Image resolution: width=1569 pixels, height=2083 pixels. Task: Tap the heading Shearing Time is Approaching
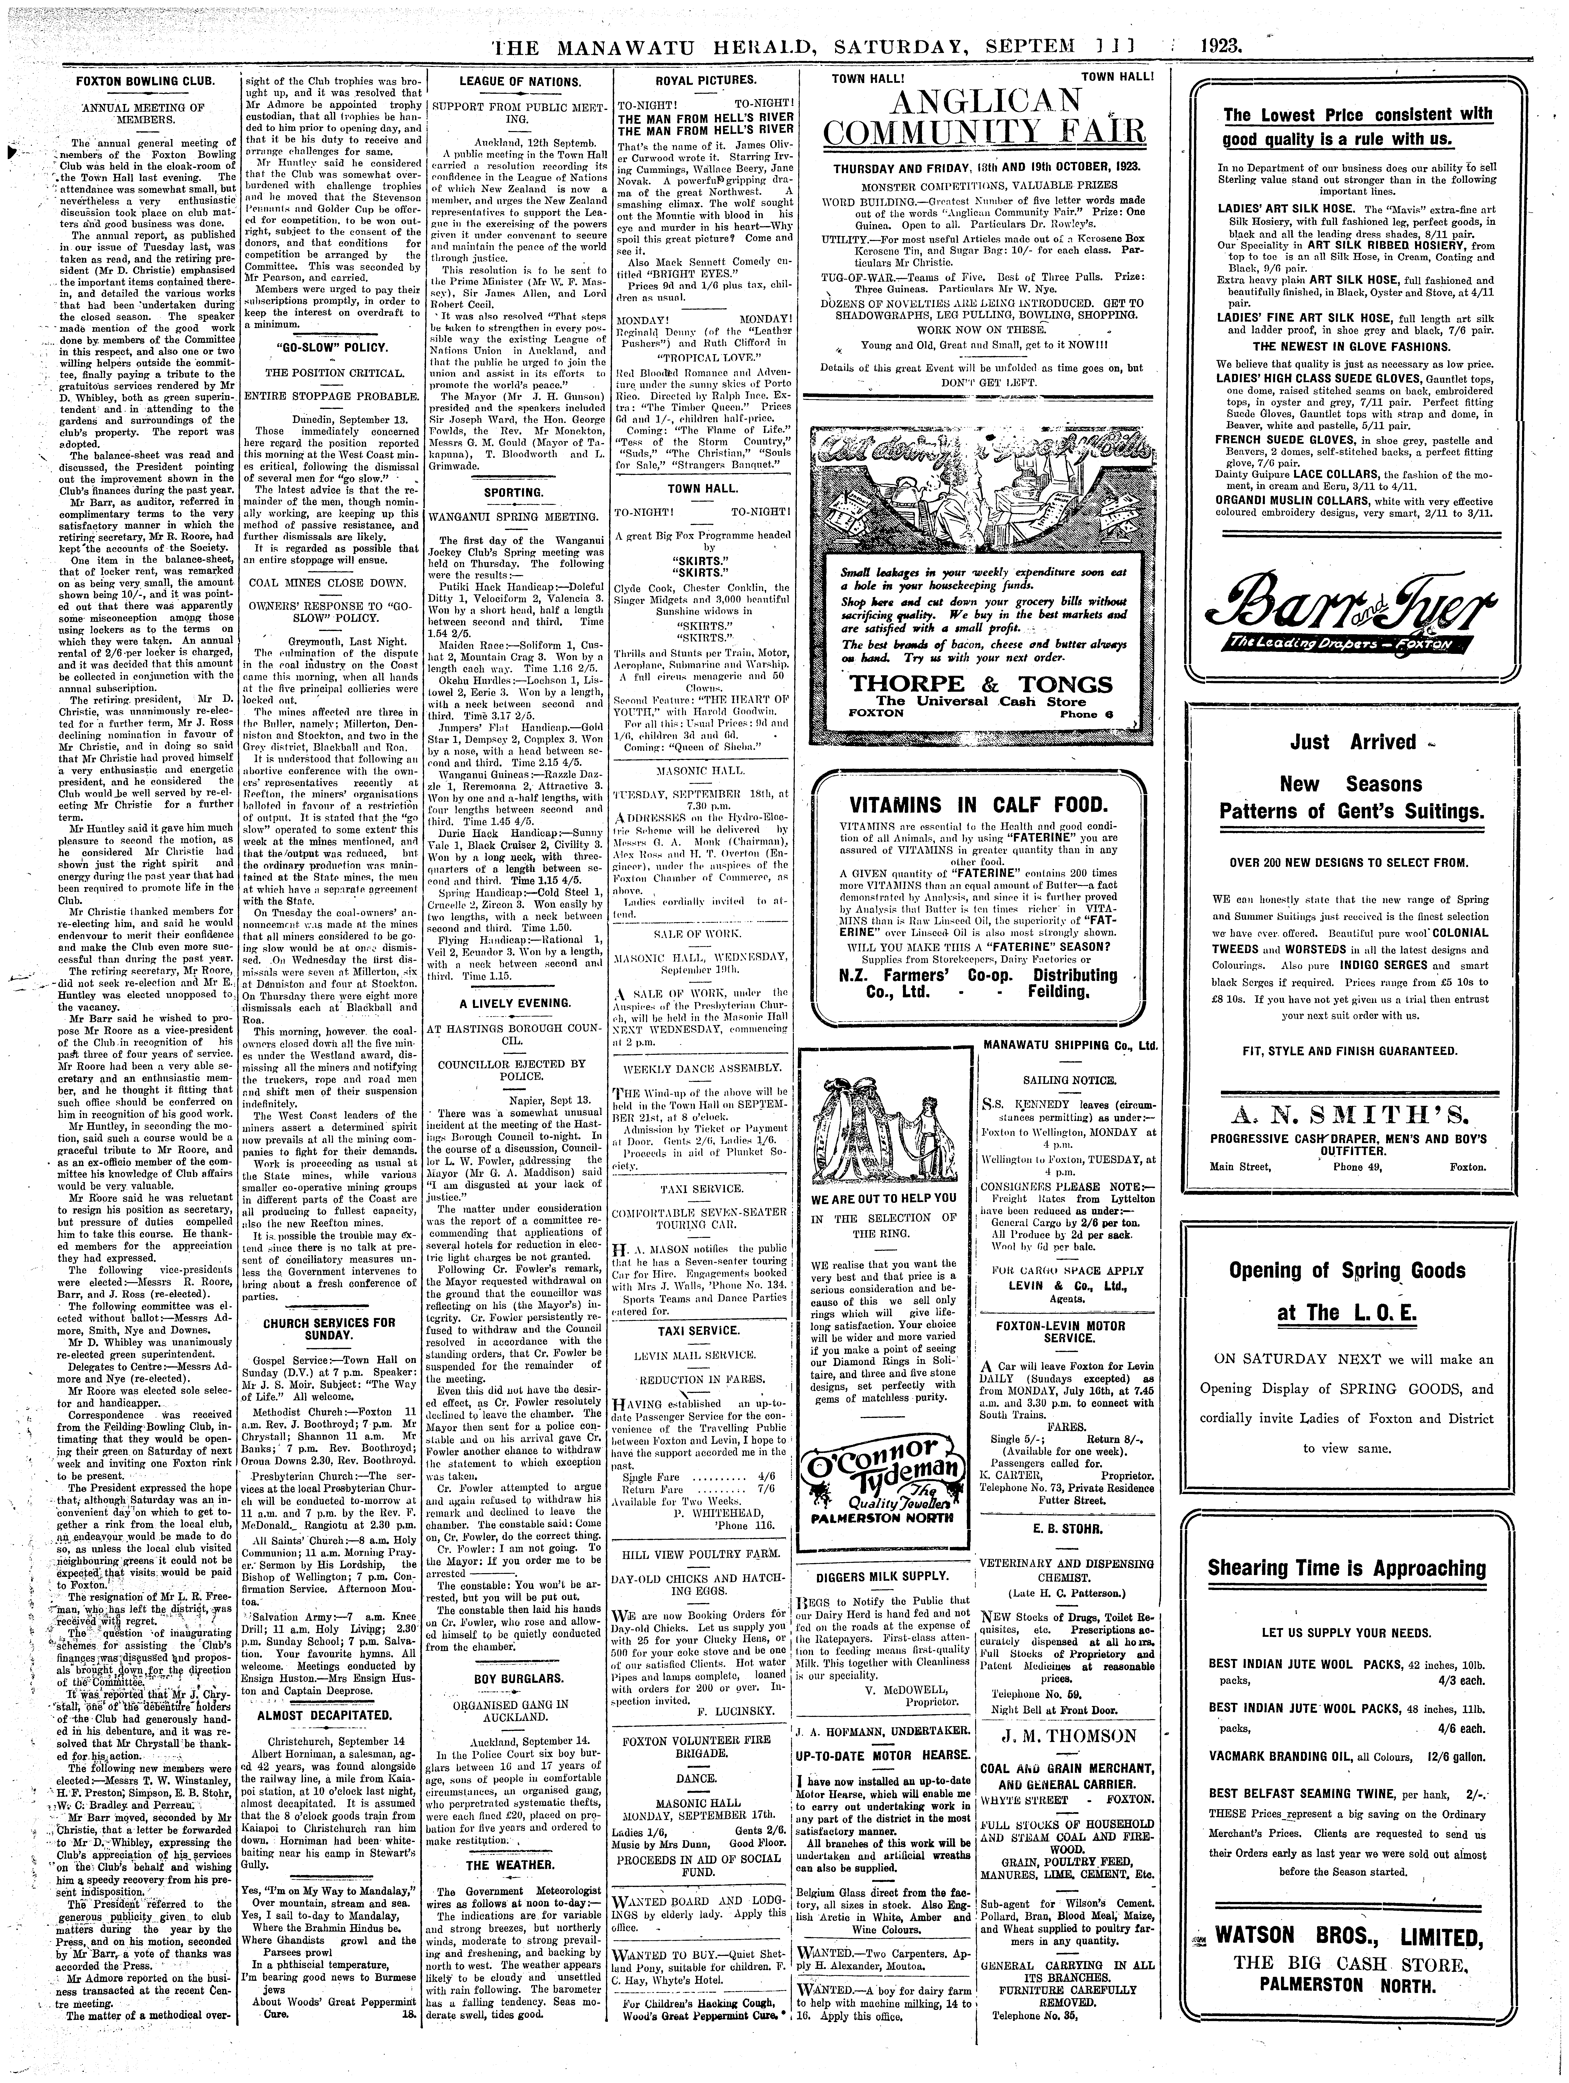point(1347,1568)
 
